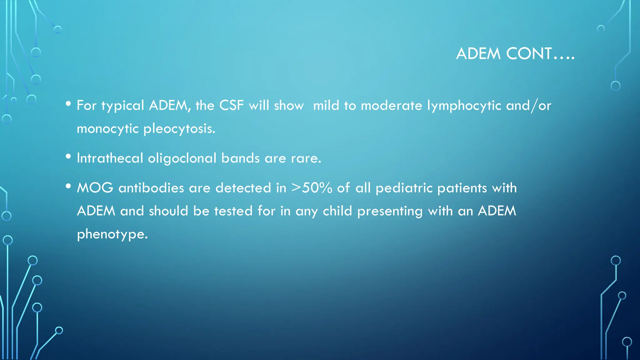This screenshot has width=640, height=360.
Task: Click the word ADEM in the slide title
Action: coord(478,54)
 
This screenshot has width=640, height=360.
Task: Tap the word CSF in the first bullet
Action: coord(231,105)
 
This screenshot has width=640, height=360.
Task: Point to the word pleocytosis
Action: coord(179,129)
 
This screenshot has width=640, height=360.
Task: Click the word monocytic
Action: coord(107,129)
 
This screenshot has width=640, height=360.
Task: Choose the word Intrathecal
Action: coord(110,158)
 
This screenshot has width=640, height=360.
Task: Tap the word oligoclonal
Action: coord(182,158)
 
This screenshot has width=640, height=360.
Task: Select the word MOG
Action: coord(95,188)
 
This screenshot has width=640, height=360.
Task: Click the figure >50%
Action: coord(312,188)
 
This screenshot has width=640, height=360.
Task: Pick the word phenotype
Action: coord(112,234)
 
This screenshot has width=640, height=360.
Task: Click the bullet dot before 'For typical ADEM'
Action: coord(68,104)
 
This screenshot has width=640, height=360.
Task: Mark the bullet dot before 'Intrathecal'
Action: coord(68,157)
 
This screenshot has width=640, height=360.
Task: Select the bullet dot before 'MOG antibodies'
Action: coord(68,187)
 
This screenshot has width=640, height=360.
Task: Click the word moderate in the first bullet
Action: coord(391,106)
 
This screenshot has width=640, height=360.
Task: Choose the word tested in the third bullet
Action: coord(233,211)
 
